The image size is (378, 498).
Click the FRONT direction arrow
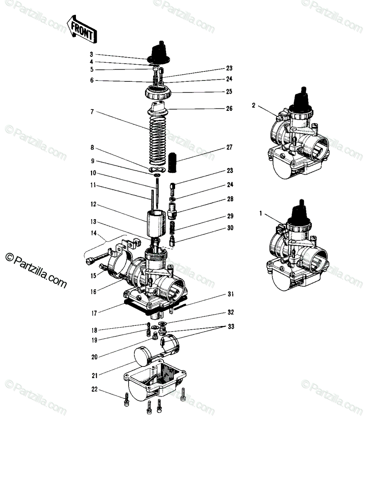[82, 29]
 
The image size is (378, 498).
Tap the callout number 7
[92, 112]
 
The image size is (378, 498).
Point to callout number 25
[229, 91]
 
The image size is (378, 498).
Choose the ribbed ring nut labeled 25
[158, 93]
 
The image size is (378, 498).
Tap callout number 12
[93, 205]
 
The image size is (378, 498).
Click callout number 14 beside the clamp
[93, 233]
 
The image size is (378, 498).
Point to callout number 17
[94, 313]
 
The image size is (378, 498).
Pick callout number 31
[231, 294]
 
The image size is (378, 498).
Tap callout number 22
[94, 389]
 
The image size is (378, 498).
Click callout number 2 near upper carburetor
[254, 105]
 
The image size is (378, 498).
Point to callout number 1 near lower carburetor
[261, 213]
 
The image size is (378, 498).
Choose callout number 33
[231, 327]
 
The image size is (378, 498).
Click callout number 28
[230, 199]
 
